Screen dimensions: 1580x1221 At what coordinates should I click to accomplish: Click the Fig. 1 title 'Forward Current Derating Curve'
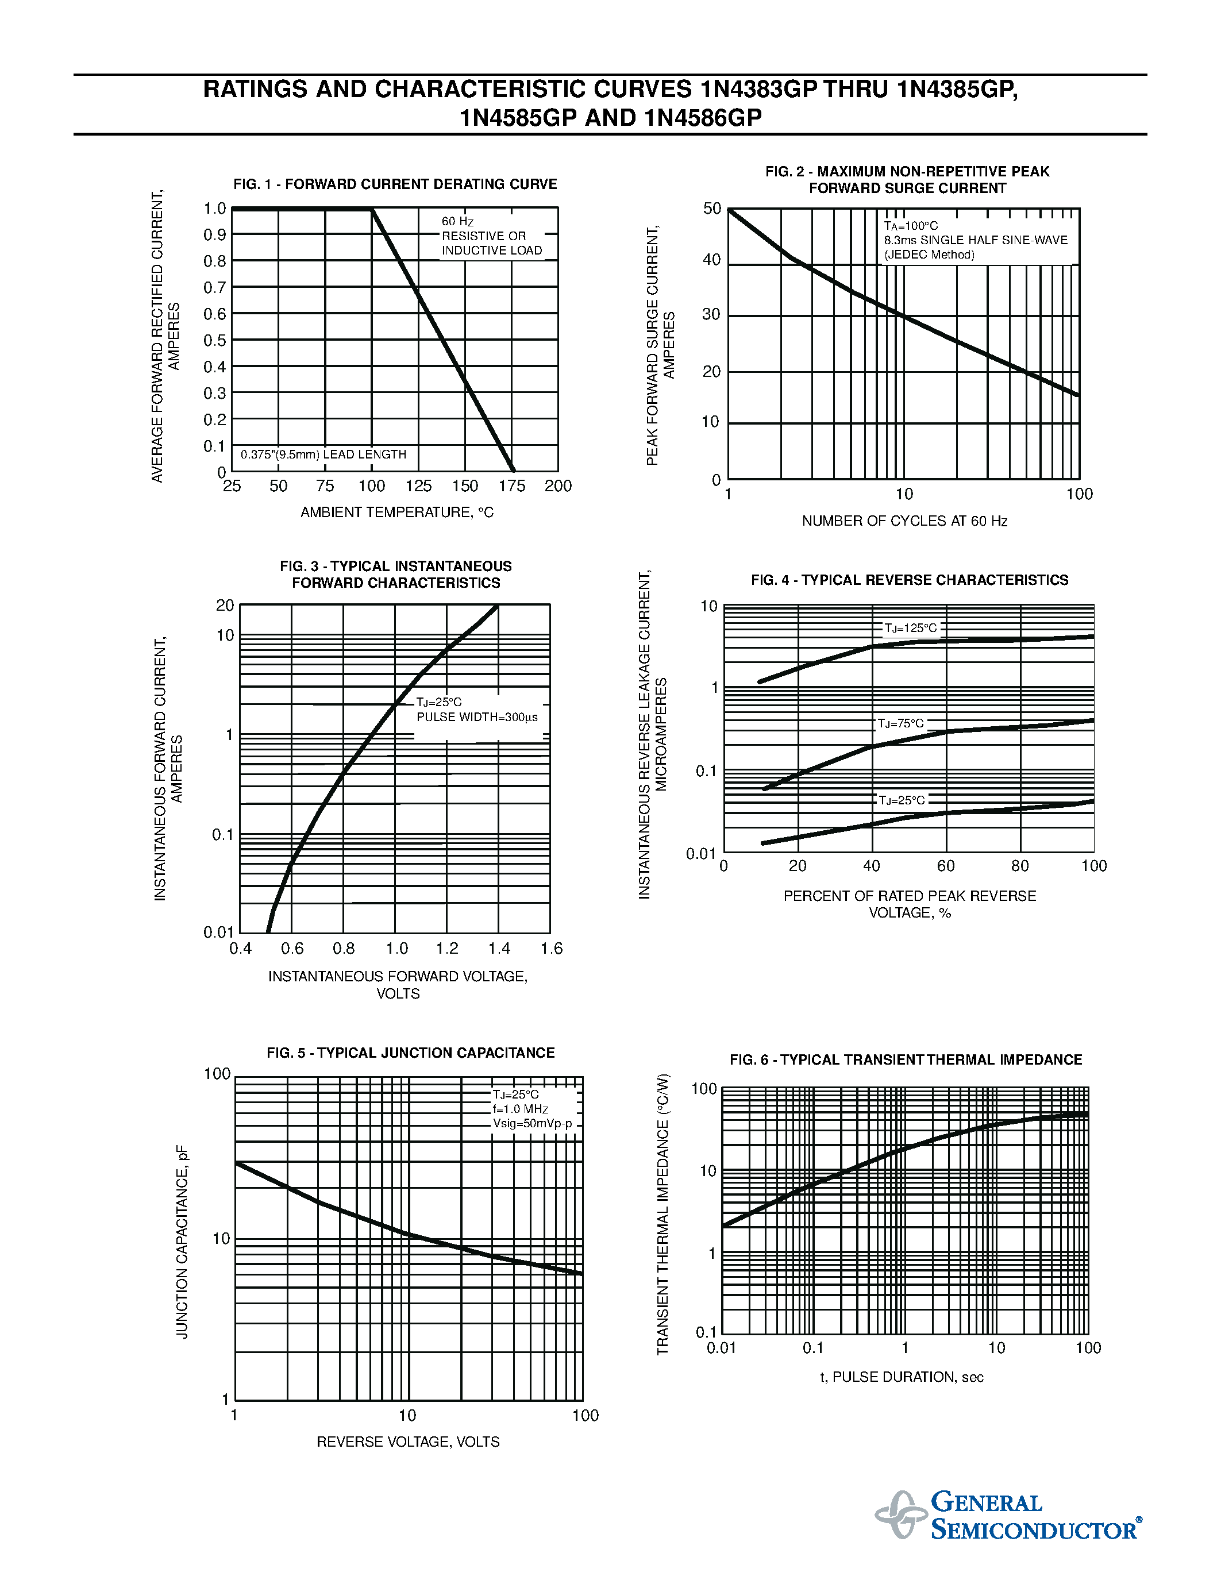[x=395, y=184]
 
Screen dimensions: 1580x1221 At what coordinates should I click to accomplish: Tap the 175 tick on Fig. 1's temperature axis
[x=511, y=486]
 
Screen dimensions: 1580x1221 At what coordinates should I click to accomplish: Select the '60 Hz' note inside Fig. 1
[x=457, y=221]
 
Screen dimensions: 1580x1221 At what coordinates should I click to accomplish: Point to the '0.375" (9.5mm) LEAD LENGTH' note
[x=323, y=455]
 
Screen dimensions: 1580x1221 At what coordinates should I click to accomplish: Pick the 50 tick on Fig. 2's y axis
[x=712, y=209]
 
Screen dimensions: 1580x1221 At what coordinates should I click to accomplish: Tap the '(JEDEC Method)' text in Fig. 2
[x=929, y=255]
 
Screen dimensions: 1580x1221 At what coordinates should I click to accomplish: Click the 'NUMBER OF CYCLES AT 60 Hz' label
[x=904, y=522]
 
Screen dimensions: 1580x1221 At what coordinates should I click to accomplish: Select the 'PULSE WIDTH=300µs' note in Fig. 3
[x=477, y=718]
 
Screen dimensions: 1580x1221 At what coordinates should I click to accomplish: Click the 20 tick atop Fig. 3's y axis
[x=225, y=606]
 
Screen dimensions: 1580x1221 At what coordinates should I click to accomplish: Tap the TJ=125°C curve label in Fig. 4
[x=910, y=628]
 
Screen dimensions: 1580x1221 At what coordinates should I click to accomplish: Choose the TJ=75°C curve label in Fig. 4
[x=900, y=723]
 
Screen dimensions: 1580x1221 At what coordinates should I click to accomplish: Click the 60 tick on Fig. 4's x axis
[x=945, y=866]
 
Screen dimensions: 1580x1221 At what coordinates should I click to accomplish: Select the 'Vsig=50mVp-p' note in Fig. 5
[x=533, y=1123]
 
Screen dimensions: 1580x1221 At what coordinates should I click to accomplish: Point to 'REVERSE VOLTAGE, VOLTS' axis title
[x=408, y=1442]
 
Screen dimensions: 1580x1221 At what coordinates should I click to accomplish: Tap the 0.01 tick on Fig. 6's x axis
[x=721, y=1348]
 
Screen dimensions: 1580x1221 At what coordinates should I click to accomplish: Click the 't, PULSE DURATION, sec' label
[x=902, y=1377]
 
